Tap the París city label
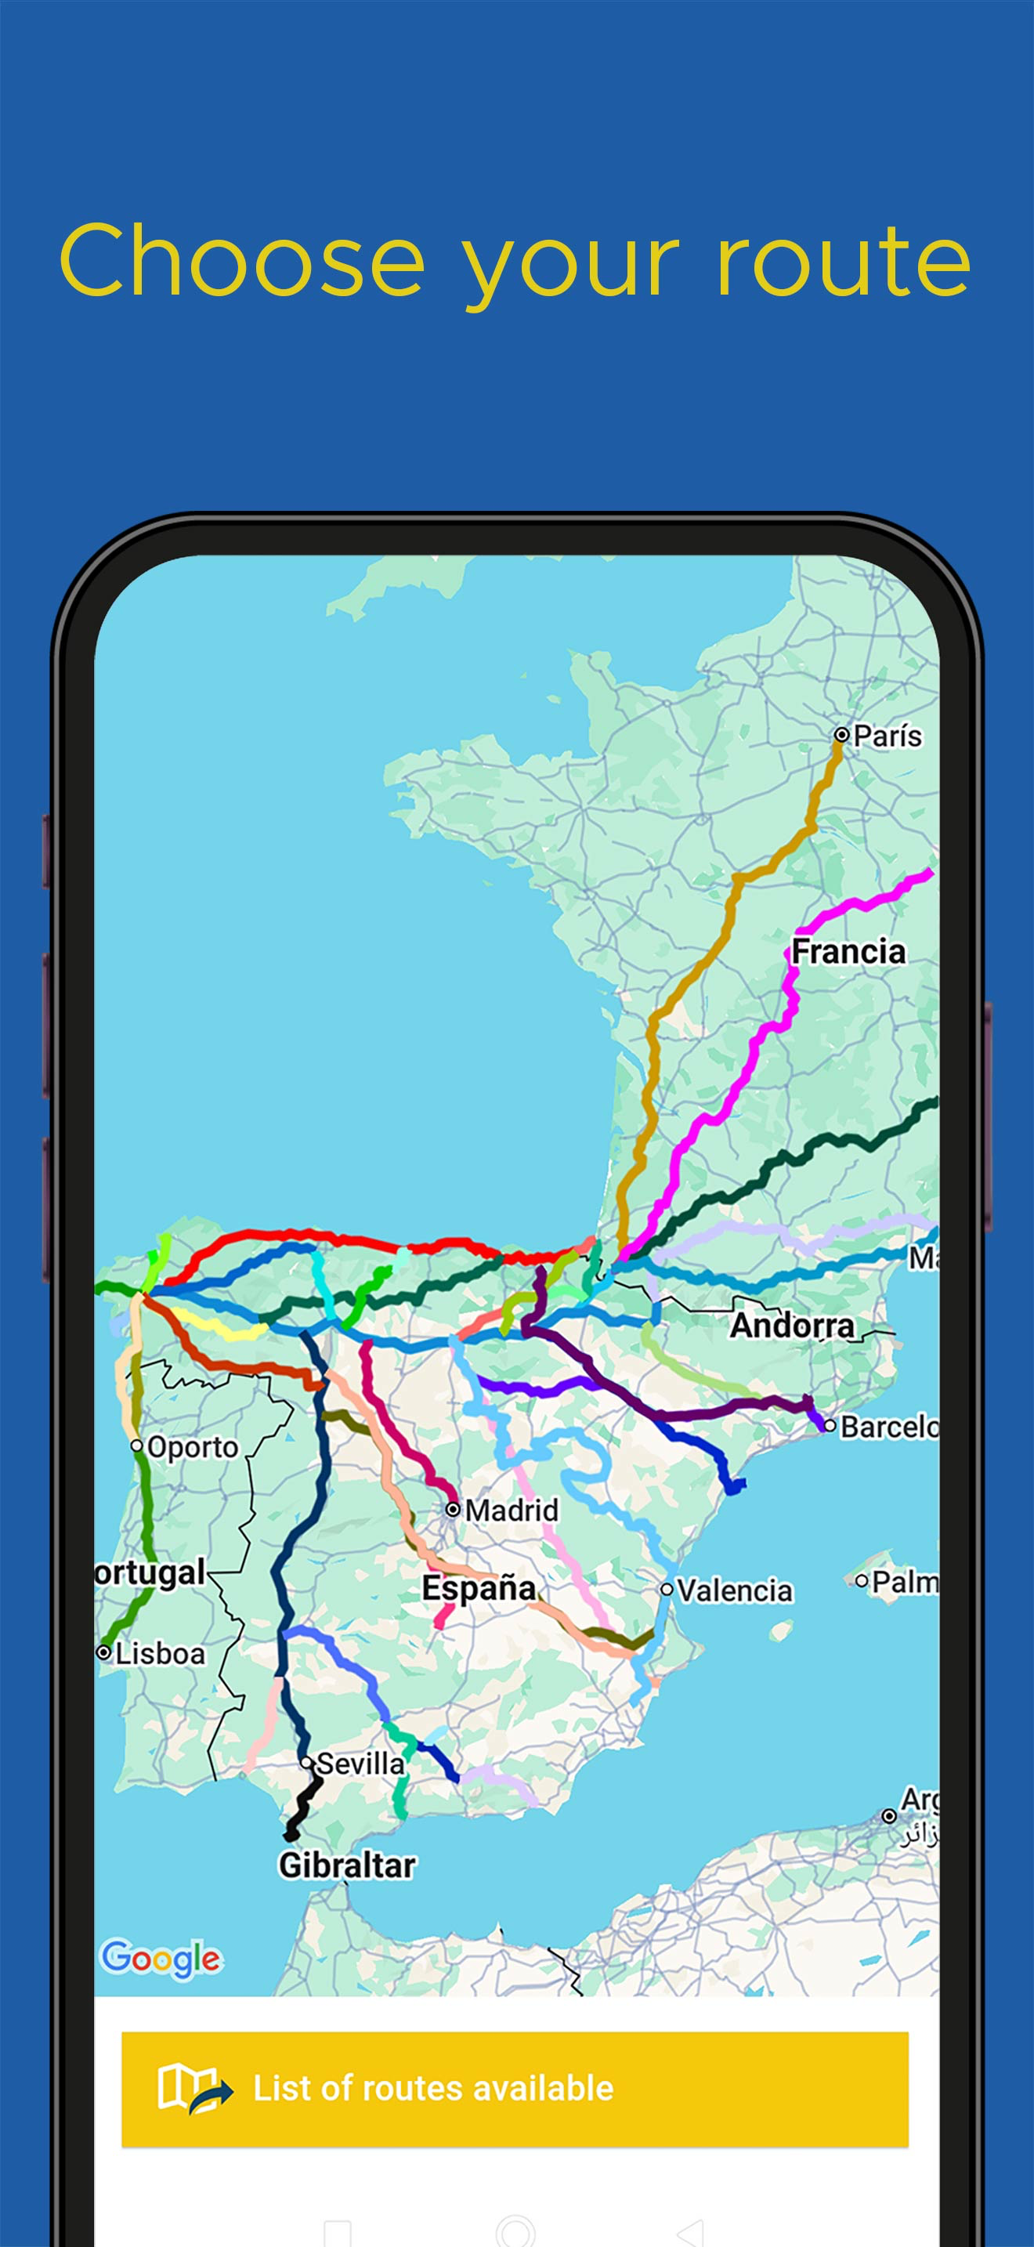pos(887,736)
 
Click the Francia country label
pos(848,951)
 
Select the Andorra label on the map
pos(792,1325)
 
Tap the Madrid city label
pos(511,1510)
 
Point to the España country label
pos(479,1588)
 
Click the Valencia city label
pos(734,1590)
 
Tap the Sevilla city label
pos(360,1763)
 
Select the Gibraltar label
pos(346,1865)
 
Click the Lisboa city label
pos(160,1653)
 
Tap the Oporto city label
pos(192,1447)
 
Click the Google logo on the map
pos(161,1959)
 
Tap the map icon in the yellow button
pos(194,2089)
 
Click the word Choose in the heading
pos(242,262)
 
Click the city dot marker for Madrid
pos(453,1509)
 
